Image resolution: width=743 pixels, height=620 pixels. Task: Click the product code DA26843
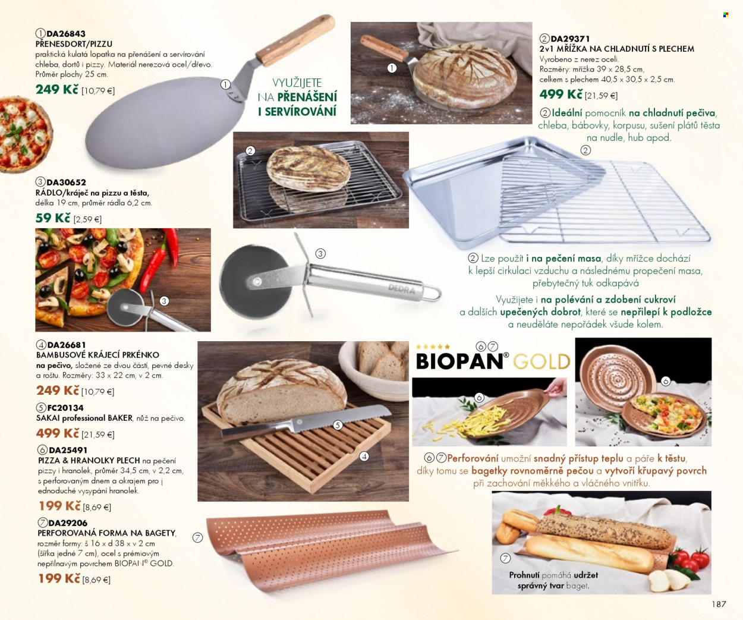pyautogui.click(x=66, y=34)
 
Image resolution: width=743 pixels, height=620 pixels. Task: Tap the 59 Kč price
pyautogui.click(x=53, y=218)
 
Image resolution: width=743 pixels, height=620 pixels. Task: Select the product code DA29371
pyautogui.click(x=569, y=39)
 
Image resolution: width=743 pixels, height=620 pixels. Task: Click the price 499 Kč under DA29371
pyautogui.click(x=561, y=95)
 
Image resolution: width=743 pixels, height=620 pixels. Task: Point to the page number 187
pyautogui.click(x=719, y=604)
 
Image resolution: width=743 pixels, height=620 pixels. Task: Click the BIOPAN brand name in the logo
pyautogui.click(x=459, y=361)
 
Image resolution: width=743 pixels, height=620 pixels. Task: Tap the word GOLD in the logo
pyautogui.click(x=541, y=361)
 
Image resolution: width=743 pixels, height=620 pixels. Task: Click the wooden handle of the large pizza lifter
pyautogui.click(x=295, y=40)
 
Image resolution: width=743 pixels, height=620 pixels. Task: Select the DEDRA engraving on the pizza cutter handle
pyautogui.click(x=402, y=288)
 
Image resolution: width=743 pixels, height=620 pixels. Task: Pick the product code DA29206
pyautogui.click(x=68, y=523)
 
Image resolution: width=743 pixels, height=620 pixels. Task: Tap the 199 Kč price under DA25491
pyautogui.click(x=60, y=505)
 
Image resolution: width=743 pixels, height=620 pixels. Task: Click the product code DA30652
pyautogui.click(x=66, y=182)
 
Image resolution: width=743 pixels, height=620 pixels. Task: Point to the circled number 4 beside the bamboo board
pyautogui.click(x=364, y=457)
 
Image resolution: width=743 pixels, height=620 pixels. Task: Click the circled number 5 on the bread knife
pyautogui.click(x=338, y=425)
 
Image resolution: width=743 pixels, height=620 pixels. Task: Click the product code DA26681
pyautogui.click(x=67, y=345)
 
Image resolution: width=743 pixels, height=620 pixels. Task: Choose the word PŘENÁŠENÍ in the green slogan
pyautogui.click(x=307, y=97)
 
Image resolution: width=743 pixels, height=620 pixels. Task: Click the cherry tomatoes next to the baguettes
pyautogui.click(x=690, y=558)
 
